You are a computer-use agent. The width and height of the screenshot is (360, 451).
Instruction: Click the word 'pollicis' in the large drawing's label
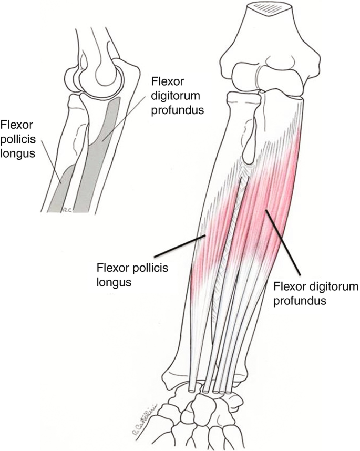pyautogui.click(x=153, y=269)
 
